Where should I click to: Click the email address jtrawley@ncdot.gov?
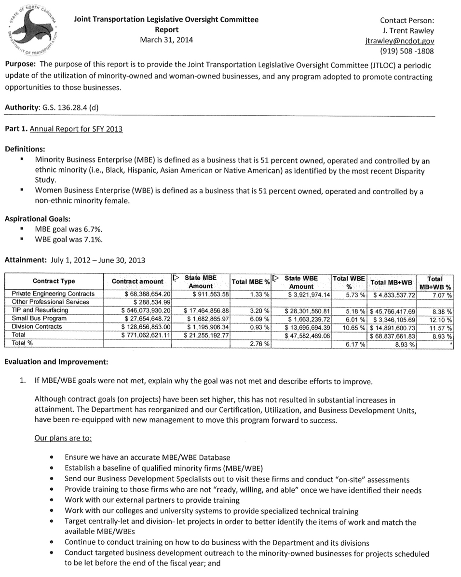pyautogui.click(x=400, y=42)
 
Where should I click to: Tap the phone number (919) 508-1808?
pyautogui.click(x=407, y=51)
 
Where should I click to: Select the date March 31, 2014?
pyautogui.click(x=166, y=40)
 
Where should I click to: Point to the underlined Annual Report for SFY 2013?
pyautogui.click(x=76, y=129)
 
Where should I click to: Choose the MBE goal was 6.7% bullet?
pyautogui.click(x=68, y=229)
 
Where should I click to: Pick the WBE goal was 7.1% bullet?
pyautogui.click(x=68, y=239)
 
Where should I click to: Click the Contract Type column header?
pyautogui.click(x=54, y=282)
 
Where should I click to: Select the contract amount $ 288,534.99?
pyautogui.click(x=147, y=302)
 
